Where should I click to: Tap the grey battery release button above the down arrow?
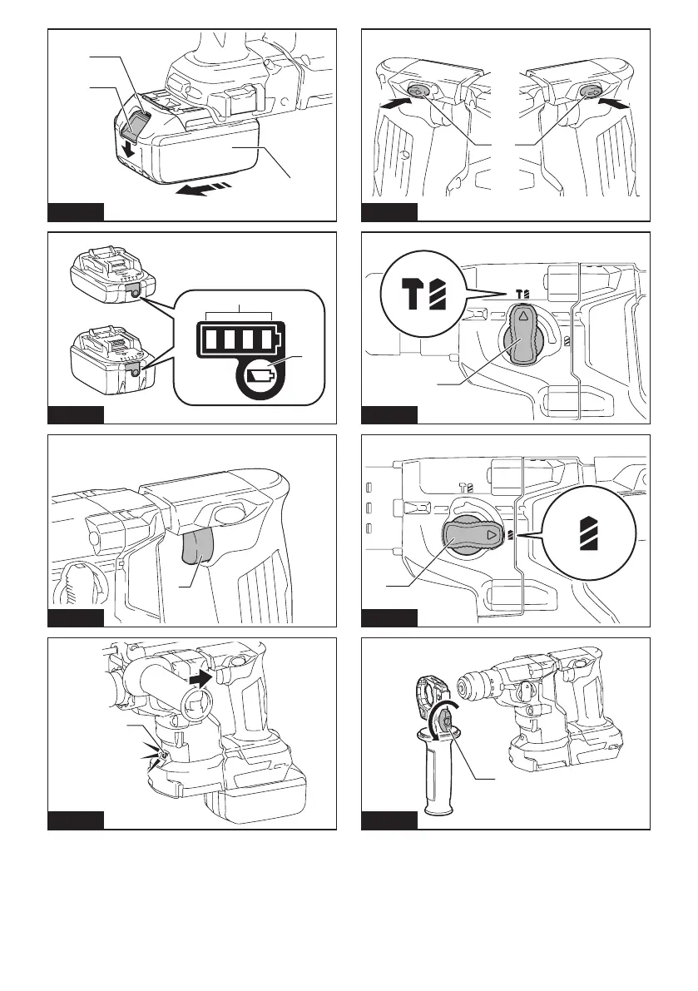click(134, 129)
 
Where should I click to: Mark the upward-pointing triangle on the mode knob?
click(523, 317)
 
